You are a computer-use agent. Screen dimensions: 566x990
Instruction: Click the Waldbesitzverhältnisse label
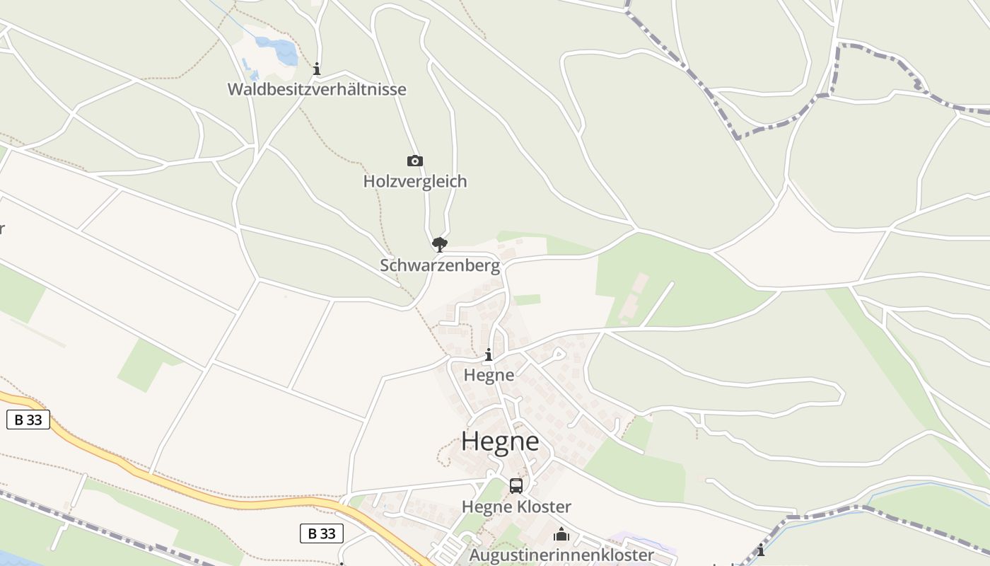point(317,89)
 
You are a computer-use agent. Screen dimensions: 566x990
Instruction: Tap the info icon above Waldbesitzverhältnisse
point(317,69)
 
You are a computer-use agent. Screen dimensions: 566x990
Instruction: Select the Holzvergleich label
point(415,181)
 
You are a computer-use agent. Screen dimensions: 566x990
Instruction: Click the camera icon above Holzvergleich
point(415,161)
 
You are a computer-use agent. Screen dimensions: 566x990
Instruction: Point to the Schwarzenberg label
point(440,266)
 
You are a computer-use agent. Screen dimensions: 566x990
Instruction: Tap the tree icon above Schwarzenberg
point(440,245)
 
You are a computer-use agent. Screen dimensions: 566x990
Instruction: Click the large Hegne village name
point(500,441)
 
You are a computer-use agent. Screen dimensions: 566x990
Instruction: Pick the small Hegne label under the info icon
point(489,375)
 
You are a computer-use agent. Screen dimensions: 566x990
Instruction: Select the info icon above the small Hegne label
point(488,355)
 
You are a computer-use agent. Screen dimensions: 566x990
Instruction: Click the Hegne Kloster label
point(516,507)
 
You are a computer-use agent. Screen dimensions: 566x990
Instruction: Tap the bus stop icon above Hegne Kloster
point(516,486)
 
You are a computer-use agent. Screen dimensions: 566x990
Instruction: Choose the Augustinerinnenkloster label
point(561,555)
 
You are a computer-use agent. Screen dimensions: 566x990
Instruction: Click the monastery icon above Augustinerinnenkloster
point(561,534)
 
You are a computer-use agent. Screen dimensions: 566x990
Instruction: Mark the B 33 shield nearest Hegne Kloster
point(322,533)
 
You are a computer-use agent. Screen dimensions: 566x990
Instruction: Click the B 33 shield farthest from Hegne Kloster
point(28,420)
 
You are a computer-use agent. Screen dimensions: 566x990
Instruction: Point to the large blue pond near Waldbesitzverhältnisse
point(276,50)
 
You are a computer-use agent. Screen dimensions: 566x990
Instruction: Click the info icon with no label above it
point(761,550)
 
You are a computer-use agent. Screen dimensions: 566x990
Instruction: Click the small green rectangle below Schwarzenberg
point(527,300)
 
